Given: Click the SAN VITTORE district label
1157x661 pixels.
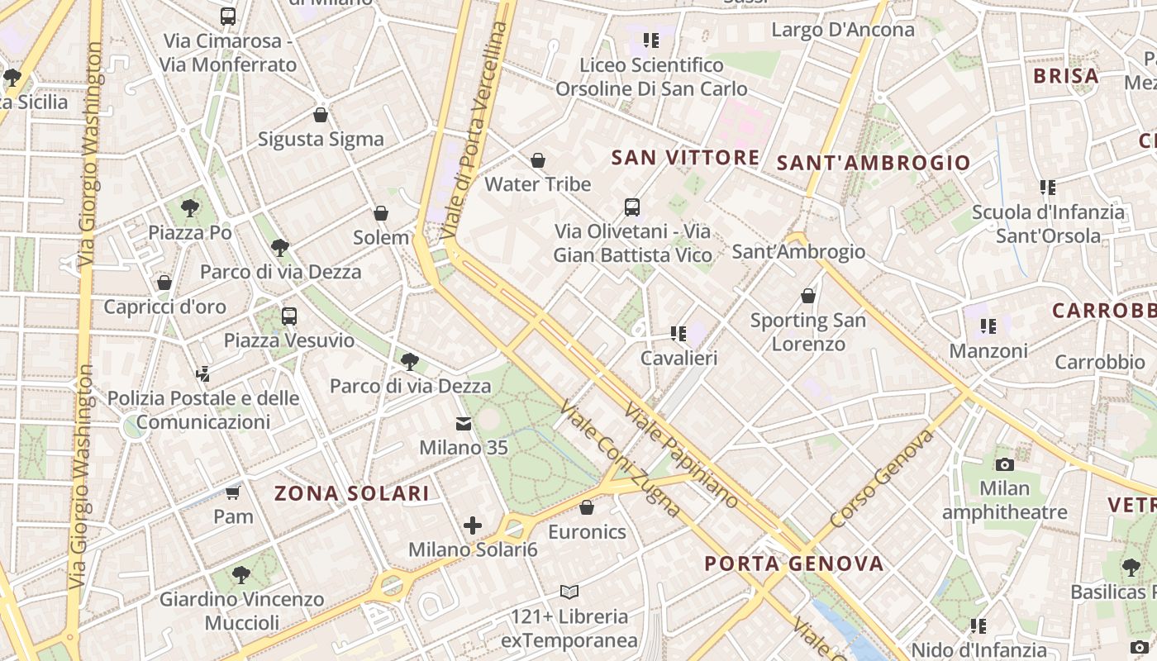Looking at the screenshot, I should click(x=685, y=158).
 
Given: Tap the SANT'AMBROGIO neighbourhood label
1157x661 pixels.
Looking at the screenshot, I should click(x=874, y=163).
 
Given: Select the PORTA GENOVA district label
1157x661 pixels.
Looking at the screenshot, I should click(x=793, y=564).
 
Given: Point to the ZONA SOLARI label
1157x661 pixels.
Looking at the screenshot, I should click(x=351, y=494).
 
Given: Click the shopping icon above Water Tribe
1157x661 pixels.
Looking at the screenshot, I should click(x=538, y=160).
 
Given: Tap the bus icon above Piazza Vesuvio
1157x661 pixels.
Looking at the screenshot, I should click(x=289, y=316).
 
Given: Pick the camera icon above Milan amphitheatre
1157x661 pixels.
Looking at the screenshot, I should click(x=1005, y=464).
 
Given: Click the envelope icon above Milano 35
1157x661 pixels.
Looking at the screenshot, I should click(x=463, y=424).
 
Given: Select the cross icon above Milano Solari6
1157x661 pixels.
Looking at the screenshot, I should click(x=473, y=525).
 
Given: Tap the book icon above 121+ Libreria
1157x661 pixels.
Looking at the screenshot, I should click(x=569, y=592).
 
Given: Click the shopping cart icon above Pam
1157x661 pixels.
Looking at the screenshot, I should click(x=233, y=493).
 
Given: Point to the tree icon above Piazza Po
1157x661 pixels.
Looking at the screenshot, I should click(x=190, y=207).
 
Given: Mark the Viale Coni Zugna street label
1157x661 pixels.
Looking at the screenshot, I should click(x=620, y=459).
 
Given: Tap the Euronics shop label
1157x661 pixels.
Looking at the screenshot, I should click(x=587, y=531).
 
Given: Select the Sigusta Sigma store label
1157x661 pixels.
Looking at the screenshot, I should click(x=321, y=139).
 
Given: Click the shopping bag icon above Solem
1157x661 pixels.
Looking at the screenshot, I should click(x=381, y=214).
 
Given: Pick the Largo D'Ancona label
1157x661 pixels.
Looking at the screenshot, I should click(x=843, y=31).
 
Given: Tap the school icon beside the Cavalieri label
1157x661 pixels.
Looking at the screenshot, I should click(x=678, y=334).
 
